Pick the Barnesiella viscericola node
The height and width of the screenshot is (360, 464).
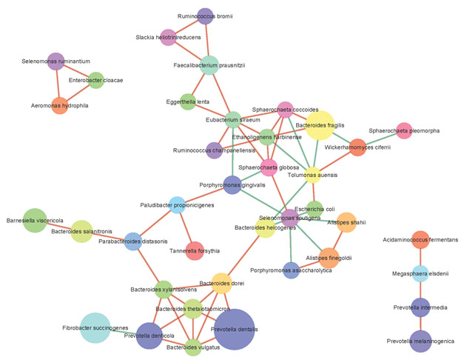[36, 220]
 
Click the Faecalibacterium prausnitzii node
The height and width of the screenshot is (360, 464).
[210, 65]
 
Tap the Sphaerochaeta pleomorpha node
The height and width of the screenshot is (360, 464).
[404, 130]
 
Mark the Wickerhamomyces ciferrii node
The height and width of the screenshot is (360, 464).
[358, 147]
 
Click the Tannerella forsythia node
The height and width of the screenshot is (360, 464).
[194, 250]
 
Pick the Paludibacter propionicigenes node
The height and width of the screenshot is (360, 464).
[177, 204]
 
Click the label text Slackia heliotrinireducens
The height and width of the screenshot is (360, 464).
[169, 37]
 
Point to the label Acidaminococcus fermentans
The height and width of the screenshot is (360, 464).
[420, 239]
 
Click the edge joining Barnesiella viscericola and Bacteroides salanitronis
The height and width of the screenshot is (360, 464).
[58, 225]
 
